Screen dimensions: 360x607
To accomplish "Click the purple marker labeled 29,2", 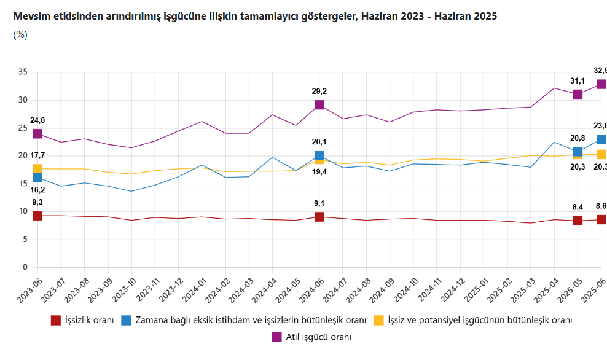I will (x=319, y=105).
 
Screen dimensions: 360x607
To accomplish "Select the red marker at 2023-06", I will (x=37, y=216).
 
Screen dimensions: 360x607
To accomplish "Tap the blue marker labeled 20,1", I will (x=319, y=156).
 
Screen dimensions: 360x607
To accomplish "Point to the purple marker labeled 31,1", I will (x=578, y=94).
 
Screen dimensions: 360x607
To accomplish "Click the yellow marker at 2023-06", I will (x=37, y=169).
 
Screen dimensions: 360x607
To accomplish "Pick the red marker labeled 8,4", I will (x=578, y=221).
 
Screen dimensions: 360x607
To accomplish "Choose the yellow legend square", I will (x=379, y=320).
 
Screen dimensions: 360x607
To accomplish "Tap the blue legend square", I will (x=126, y=320).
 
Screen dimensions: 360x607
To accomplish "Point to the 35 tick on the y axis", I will (x=23, y=72).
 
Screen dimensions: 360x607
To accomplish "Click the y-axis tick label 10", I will (x=23, y=211).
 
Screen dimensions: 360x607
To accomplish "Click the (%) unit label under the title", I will (x=20, y=35).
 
